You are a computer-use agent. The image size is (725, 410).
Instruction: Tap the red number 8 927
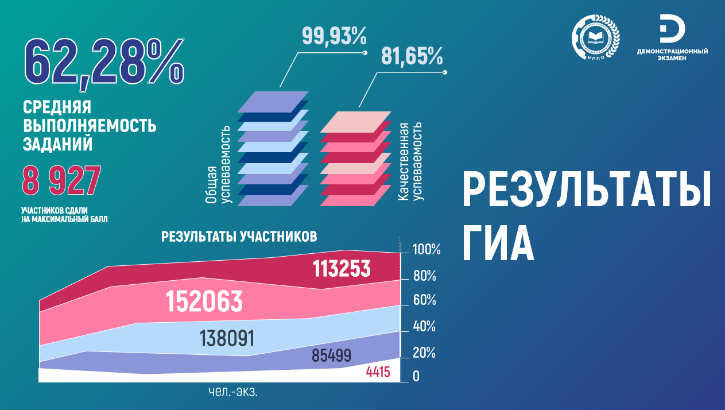click(61, 180)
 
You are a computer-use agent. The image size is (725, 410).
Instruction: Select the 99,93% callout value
click(334, 36)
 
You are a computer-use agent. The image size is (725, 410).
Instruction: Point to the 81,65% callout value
click(412, 56)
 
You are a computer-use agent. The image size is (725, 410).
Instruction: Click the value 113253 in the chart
click(342, 269)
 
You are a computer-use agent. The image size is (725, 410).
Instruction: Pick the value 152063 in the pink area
click(204, 301)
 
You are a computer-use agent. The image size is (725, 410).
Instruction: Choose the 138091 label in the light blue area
click(227, 338)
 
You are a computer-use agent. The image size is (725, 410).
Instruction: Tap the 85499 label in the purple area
click(331, 355)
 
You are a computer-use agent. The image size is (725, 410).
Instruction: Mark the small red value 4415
click(378, 372)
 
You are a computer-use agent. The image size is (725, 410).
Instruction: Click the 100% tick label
click(427, 249)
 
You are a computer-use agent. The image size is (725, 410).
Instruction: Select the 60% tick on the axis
click(424, 300)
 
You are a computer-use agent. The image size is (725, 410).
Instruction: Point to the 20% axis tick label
click(424, 353)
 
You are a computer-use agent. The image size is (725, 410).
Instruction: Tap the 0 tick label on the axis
click(416, 376)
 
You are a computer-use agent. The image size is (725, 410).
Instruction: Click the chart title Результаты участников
click(239, 237)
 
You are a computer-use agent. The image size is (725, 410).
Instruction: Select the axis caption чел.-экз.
click(233, 392)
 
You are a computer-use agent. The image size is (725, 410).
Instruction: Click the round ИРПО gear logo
click(595, 37)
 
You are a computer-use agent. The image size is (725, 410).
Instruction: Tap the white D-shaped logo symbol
click(672, 29)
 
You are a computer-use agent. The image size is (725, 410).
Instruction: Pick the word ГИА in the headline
click(498, 243)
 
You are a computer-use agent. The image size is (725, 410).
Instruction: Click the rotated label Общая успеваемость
click(219, 165)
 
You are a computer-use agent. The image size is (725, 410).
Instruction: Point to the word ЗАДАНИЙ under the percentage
click(57, 144)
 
